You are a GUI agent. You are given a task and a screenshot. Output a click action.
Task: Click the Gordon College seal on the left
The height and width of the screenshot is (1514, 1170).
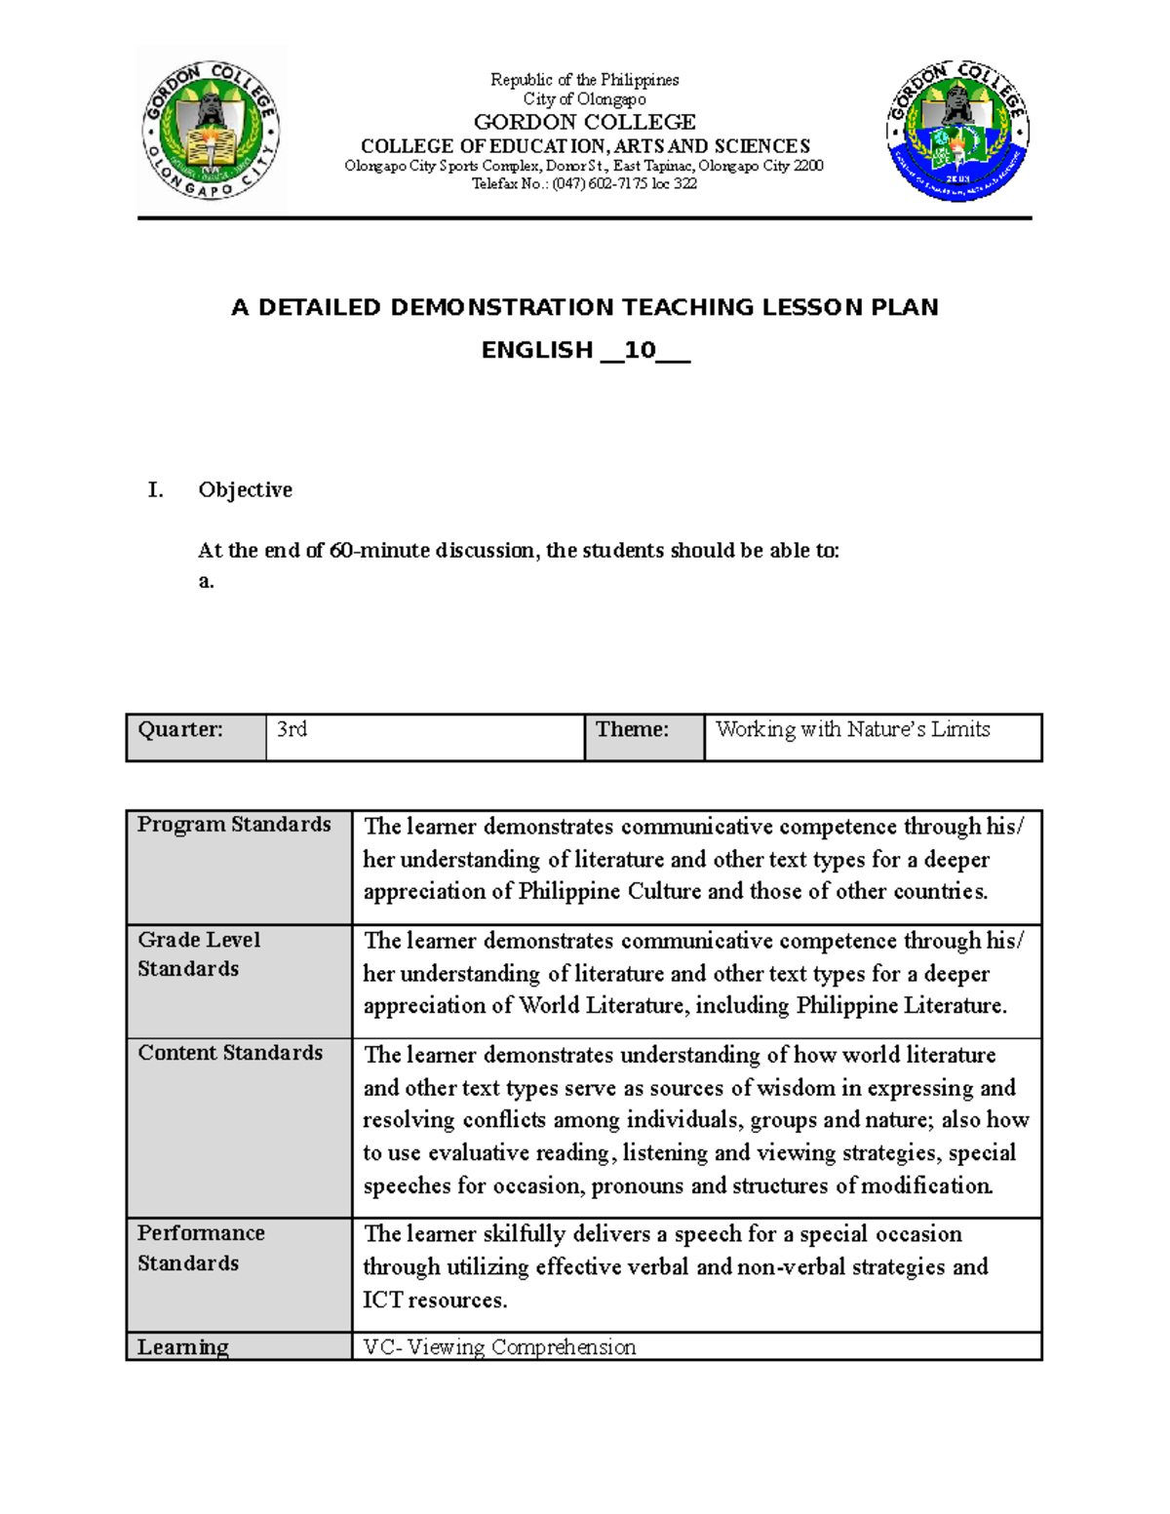click(x=212, y=130)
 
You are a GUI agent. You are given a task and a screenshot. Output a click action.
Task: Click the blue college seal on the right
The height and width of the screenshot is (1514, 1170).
click(x=957, y=131)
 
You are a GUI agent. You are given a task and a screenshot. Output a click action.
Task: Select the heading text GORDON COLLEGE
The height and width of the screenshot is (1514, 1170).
click(x=584, y=122)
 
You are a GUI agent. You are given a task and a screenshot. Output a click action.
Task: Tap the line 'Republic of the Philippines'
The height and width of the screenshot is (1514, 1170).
click(x=584, y=79)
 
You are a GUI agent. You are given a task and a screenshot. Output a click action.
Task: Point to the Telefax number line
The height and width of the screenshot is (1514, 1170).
click(x=584, y=183)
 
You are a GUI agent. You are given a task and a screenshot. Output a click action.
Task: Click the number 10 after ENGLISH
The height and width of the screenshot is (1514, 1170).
click(x=640, y=350)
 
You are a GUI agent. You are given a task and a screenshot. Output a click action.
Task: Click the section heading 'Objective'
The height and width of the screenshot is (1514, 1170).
click(x=245, y=489)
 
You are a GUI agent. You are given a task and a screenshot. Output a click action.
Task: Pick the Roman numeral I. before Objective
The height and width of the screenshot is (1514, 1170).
click(x=155, y=489)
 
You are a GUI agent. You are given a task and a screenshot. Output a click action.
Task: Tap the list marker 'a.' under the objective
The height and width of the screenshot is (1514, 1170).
click(x=206, y=581)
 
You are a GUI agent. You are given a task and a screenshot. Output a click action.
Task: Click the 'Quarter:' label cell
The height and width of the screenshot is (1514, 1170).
click(x=181, y=730)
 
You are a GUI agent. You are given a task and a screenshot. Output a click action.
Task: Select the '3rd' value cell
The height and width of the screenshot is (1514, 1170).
click(x=292, y=729)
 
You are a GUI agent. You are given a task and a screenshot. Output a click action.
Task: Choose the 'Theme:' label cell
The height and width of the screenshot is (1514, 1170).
click(x=632, y=729)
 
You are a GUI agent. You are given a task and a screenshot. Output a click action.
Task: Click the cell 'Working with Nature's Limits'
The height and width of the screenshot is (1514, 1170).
click(x=852, y=729)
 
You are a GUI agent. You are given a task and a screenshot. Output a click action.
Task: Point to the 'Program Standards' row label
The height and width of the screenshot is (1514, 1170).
click(x=234, y=825)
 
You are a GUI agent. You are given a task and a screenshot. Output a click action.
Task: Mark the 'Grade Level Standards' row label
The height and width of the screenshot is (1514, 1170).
click(x=199, y=953)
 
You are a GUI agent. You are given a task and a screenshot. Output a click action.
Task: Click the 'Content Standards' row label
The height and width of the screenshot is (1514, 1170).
click(x=230, y=1053)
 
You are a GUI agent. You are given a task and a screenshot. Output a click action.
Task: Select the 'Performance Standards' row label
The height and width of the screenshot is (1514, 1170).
click(x=201, y=1248)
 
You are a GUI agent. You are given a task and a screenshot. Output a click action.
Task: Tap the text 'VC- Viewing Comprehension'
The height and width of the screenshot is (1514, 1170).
click(x=499, y=1346)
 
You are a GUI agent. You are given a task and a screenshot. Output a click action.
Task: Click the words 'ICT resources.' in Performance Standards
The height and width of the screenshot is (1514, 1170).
click(x=435, y=1300)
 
